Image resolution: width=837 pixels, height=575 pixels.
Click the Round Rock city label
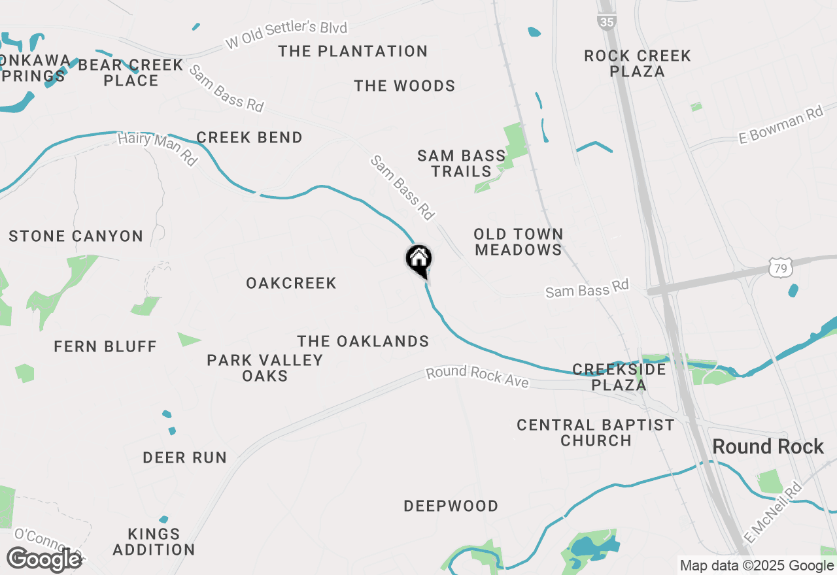click(x=768, y=447)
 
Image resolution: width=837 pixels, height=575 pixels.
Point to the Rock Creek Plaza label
click(x=637, y=63)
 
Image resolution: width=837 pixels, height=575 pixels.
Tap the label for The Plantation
click(x=352, y=51)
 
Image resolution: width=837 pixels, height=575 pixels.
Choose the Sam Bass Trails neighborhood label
click(x=461, y=163)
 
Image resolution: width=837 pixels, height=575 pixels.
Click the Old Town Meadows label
click(x=518, y=242)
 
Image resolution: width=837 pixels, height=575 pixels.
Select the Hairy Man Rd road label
click(x=157, y=149)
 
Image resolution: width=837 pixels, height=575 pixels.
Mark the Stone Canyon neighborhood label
click(x=76, y=236)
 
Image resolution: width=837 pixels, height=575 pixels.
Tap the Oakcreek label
click(x=291, y=283)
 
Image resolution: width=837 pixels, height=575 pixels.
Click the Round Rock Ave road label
click(x=477, y=377)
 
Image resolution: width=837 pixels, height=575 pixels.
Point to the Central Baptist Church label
click(x=595, y=433)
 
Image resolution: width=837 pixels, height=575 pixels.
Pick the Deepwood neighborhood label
click(x=451, y=506)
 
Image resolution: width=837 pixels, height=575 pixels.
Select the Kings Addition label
click(x=154, y=542)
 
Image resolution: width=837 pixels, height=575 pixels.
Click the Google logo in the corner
click(x=44, y=559)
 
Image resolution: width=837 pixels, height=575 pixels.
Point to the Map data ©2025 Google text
click(x=756, y=566)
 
